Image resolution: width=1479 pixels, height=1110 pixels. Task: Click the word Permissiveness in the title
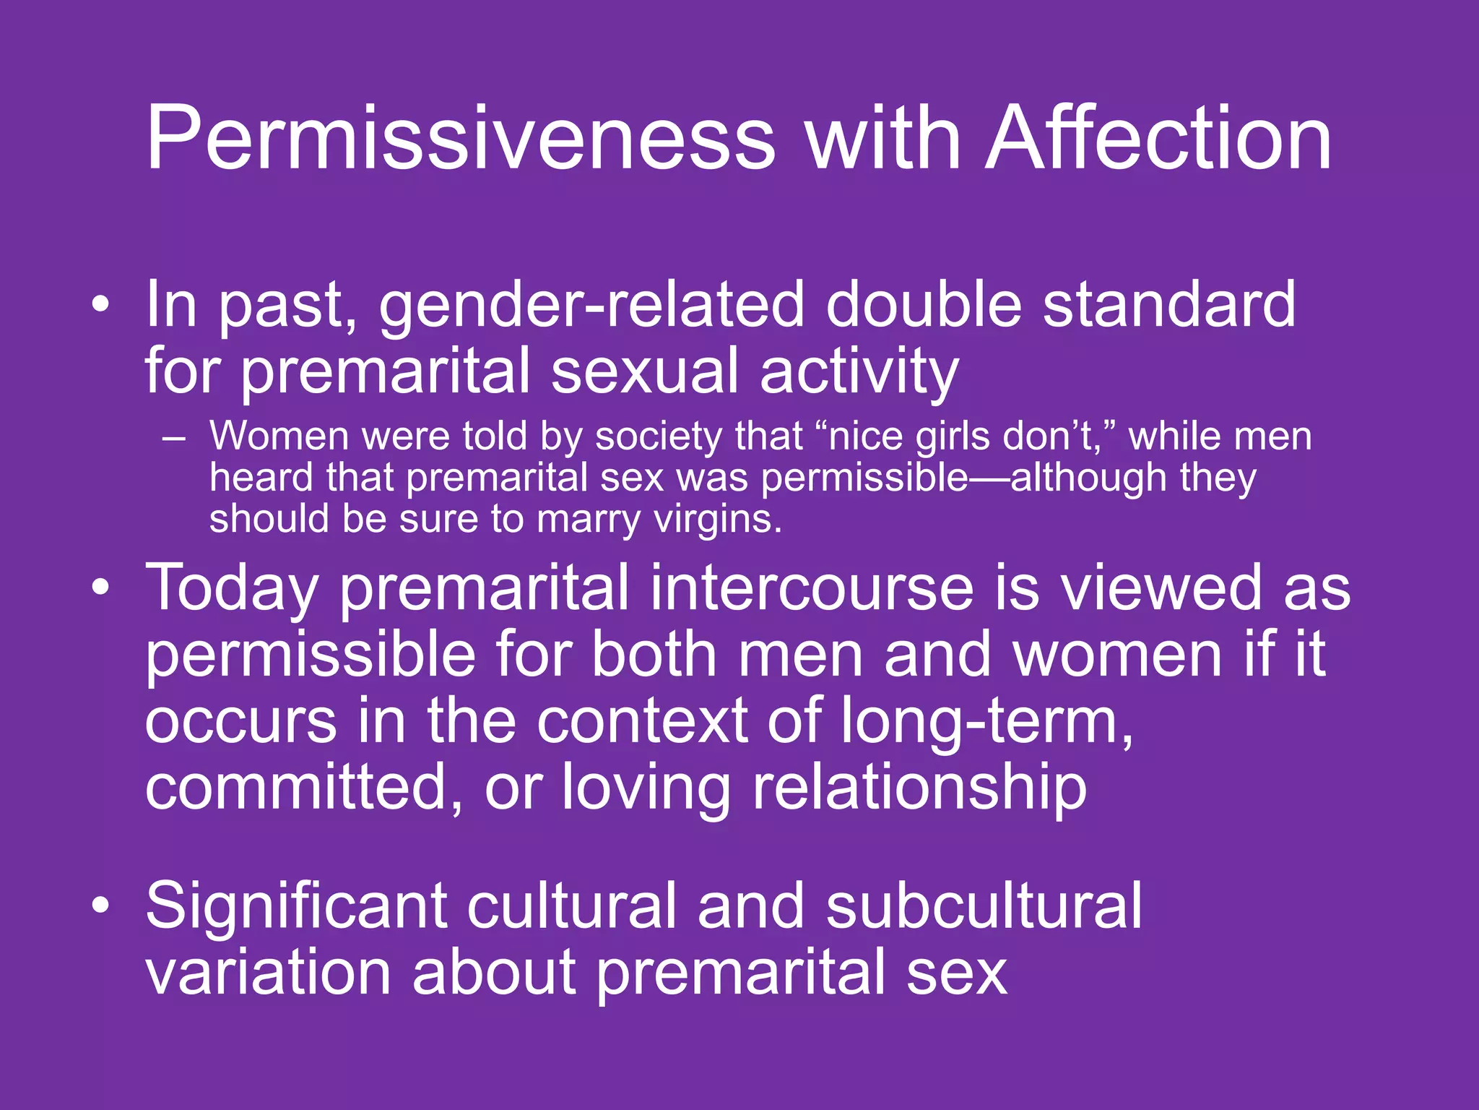click(460, 139)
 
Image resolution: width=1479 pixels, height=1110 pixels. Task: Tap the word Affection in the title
click(1158, 139)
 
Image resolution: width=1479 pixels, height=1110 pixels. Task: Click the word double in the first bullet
click(924, 305)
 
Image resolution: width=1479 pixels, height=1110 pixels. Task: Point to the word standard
click(1169, 305)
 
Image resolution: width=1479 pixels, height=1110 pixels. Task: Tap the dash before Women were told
click(174, 438)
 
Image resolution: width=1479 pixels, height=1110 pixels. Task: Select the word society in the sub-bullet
click(658, 438)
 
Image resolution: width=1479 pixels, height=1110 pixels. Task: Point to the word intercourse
click(812, 588)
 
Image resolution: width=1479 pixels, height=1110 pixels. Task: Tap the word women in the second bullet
click(1116, 655)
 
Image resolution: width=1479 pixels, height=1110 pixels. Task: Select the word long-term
click(986, 721)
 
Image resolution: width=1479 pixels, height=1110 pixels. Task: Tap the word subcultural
click(984, 906)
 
